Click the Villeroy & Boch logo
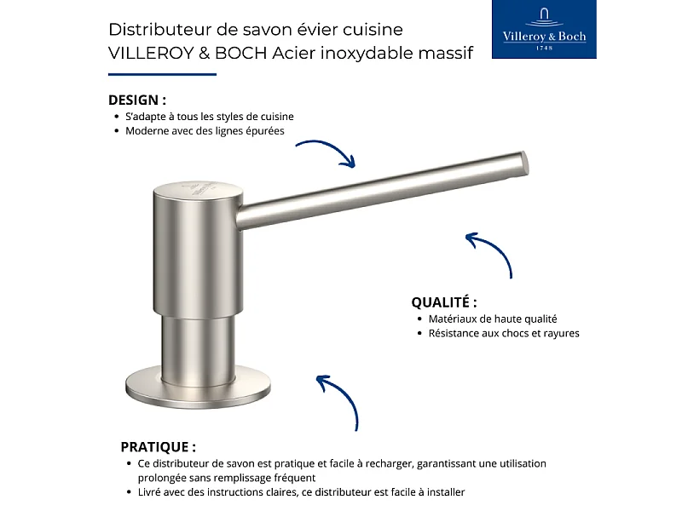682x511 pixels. click(x=545, y=30)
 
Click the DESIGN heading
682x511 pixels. click(x=137, y=100)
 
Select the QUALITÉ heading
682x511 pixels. click(x=443, y=302)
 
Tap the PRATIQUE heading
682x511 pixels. click(x=158, y=446)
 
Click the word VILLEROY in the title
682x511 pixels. click(x=146, y=53)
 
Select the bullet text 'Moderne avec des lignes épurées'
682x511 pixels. click(x=205, y=131)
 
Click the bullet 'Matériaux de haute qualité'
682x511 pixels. click(x=492, y=319)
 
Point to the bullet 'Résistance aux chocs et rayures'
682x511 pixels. click(x=503, y=333)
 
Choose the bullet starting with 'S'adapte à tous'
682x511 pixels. click(x=210, y=117)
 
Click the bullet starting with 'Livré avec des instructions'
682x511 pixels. click(x=301, y=492)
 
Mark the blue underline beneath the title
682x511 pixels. click(x=162, y=75)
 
